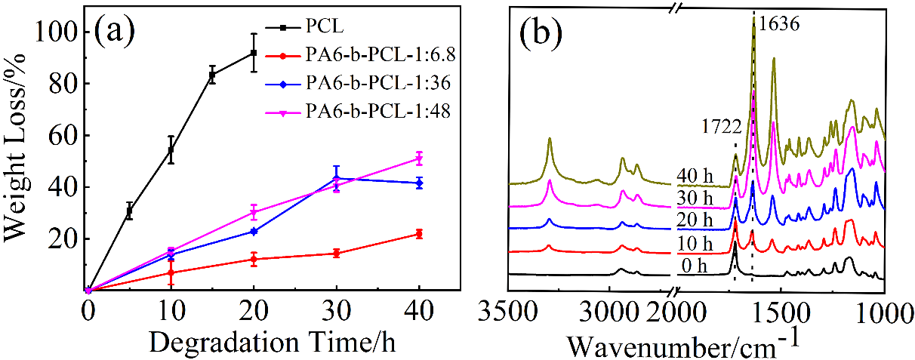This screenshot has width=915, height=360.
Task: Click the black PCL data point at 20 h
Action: click(x=254, y=53)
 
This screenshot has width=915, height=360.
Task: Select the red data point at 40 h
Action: click(x=418, y=234)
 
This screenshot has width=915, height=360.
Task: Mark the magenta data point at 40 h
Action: click(x=418, y=158)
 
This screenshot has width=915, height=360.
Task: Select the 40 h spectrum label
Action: click(x=693, y=178)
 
